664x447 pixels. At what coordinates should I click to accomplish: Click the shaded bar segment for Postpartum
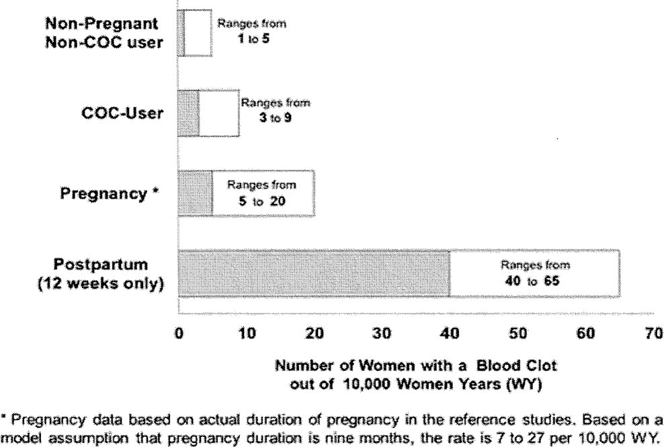pos(314,273)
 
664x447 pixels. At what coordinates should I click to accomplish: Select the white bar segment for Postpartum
pos(534,273)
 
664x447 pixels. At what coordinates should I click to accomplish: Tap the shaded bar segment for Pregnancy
pos(195,193)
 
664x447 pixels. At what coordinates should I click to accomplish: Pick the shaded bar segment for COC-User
pos(188,113)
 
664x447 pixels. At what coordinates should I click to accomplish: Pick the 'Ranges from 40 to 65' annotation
pos(535,272)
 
